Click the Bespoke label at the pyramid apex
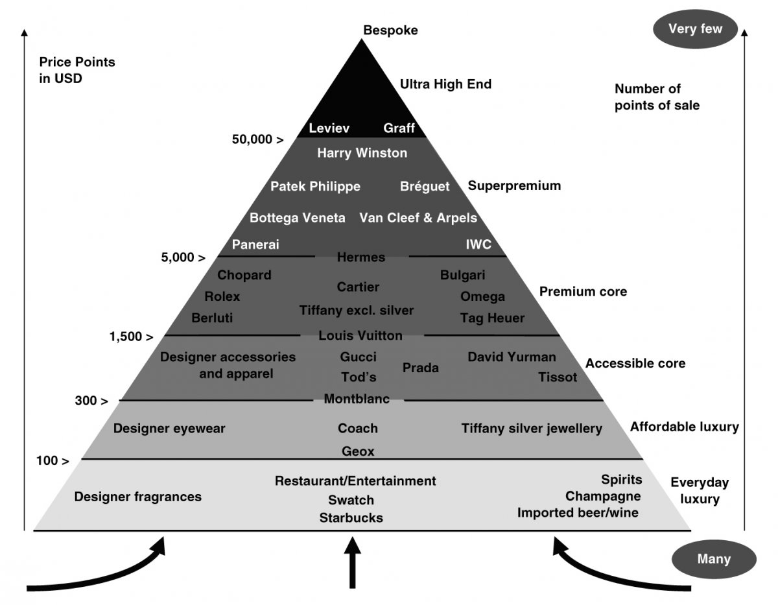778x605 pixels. [x=390, y=30]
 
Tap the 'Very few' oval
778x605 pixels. [x=696, y=29]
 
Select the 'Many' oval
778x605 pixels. [x=714, y=559]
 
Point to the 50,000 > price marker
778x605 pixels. [x=257, y=139]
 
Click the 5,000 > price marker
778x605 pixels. [x=183, y=257]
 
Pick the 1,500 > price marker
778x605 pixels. [x=132, y=337]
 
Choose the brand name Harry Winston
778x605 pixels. [x=362, y=153]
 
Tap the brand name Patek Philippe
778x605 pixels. [x=315, y=187]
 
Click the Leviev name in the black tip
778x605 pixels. [x=329, y=128]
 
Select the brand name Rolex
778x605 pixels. [x=222, y=296]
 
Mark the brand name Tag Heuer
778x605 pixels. [x=492, y=318]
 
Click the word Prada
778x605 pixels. [x=420, y=368]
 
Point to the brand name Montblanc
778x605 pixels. [x=357, y=399]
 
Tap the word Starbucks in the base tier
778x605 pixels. [x=351, y=517]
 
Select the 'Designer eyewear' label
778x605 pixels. [x=169, y=429]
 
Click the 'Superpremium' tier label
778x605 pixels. [x=514, y=186]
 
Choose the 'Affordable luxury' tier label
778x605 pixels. [x=684, y=427]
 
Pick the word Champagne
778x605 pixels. [x=603, y=496]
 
